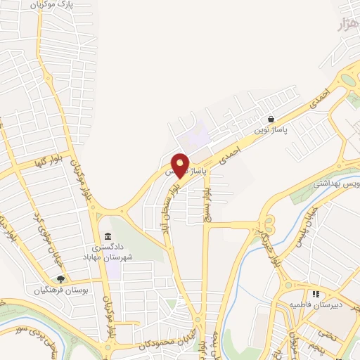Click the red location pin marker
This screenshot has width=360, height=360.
[180, 166]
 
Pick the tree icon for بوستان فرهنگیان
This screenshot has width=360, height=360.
[60, 278]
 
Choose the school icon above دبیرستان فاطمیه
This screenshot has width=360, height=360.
[316, 294]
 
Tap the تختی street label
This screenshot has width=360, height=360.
[330, 318]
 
